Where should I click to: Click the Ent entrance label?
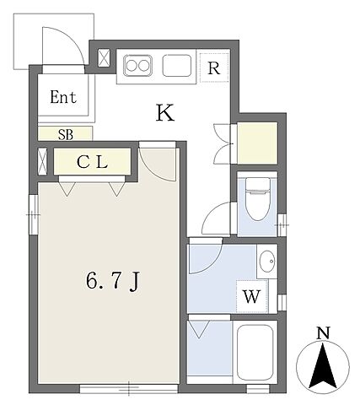(x=63, y=97)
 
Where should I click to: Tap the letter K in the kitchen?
(x=165, y=112)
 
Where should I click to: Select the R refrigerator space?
(x=214, y=67)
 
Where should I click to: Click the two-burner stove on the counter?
(x=137, y=66)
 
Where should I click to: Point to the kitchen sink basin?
(x=177, y=66)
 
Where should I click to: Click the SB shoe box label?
(x=66, y=135)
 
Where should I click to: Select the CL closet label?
(x=93, y=162)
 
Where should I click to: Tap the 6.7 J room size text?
(x=113, y=282)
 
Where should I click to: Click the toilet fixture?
(x=257, y=199)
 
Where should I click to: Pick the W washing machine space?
(x=251, y=296)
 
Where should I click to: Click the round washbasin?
(x=267, y=262)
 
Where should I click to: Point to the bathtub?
(x=255, y=353)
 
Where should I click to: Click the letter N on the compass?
(x=323, y=333)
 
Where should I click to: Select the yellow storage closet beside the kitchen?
(x=257, y=143)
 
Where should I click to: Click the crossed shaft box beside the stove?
(x=104, y=58)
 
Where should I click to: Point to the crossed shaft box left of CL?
(x=43, y=162)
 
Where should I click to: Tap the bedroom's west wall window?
(x=34, y=214)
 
